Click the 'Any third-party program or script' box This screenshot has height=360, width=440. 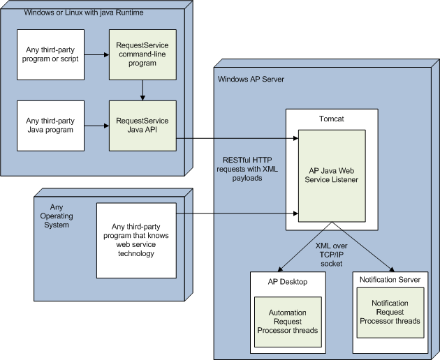[50, 54]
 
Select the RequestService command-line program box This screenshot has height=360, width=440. [142, 54]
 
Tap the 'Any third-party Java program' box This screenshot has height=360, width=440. [50, 125]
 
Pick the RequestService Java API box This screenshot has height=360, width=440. [142, 125]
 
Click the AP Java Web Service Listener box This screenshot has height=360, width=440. [332, 174]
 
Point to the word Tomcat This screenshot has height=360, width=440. [331, 119]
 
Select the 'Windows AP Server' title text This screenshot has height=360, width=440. [251, 80]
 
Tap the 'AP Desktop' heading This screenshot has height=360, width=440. [287, 282]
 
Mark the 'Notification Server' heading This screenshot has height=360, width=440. [390, 279]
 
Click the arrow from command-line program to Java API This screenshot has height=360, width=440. [142, 89]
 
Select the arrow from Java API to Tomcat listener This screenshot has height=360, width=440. [237, 138]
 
